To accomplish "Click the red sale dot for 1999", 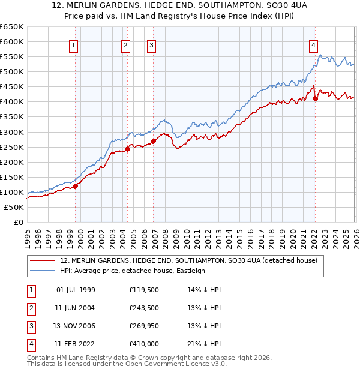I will click(76, 186).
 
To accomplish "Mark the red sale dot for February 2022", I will click(315, 99).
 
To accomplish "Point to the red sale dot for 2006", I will click(153, 141).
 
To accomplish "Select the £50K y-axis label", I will click(14, 207).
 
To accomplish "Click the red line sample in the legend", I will click(43, 261).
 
